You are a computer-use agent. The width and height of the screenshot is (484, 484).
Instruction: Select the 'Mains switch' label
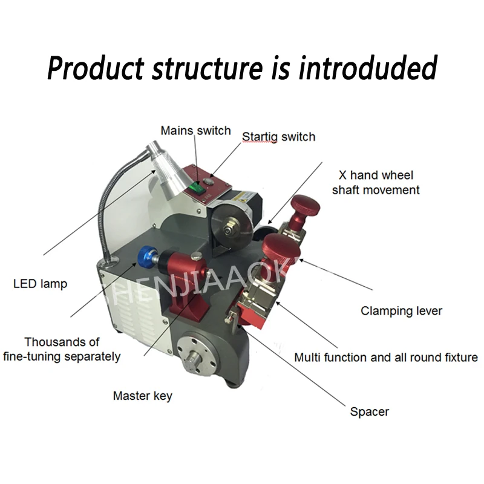195,131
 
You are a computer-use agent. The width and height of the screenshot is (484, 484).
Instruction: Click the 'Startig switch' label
278,137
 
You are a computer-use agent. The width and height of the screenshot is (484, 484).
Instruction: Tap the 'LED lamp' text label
40,283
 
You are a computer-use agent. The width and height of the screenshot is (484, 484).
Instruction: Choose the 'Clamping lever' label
401,311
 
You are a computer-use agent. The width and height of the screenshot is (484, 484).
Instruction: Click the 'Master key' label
142,396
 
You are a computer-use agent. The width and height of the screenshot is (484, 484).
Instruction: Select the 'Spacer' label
369,412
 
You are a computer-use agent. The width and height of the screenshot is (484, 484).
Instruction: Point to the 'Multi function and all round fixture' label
385,358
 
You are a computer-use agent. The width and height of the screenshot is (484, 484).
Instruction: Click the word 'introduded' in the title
367,68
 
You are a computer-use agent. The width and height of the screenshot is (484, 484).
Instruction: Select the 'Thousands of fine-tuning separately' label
62,349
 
